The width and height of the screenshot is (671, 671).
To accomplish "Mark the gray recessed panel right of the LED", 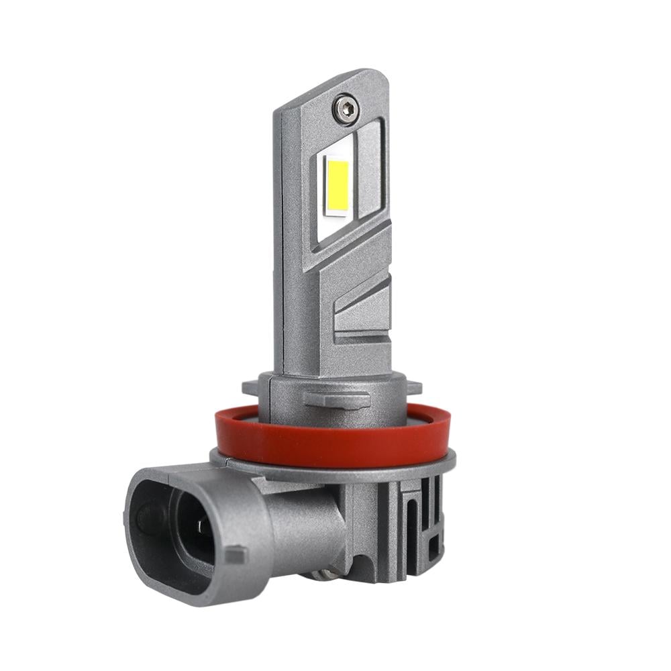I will pos(369,168).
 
